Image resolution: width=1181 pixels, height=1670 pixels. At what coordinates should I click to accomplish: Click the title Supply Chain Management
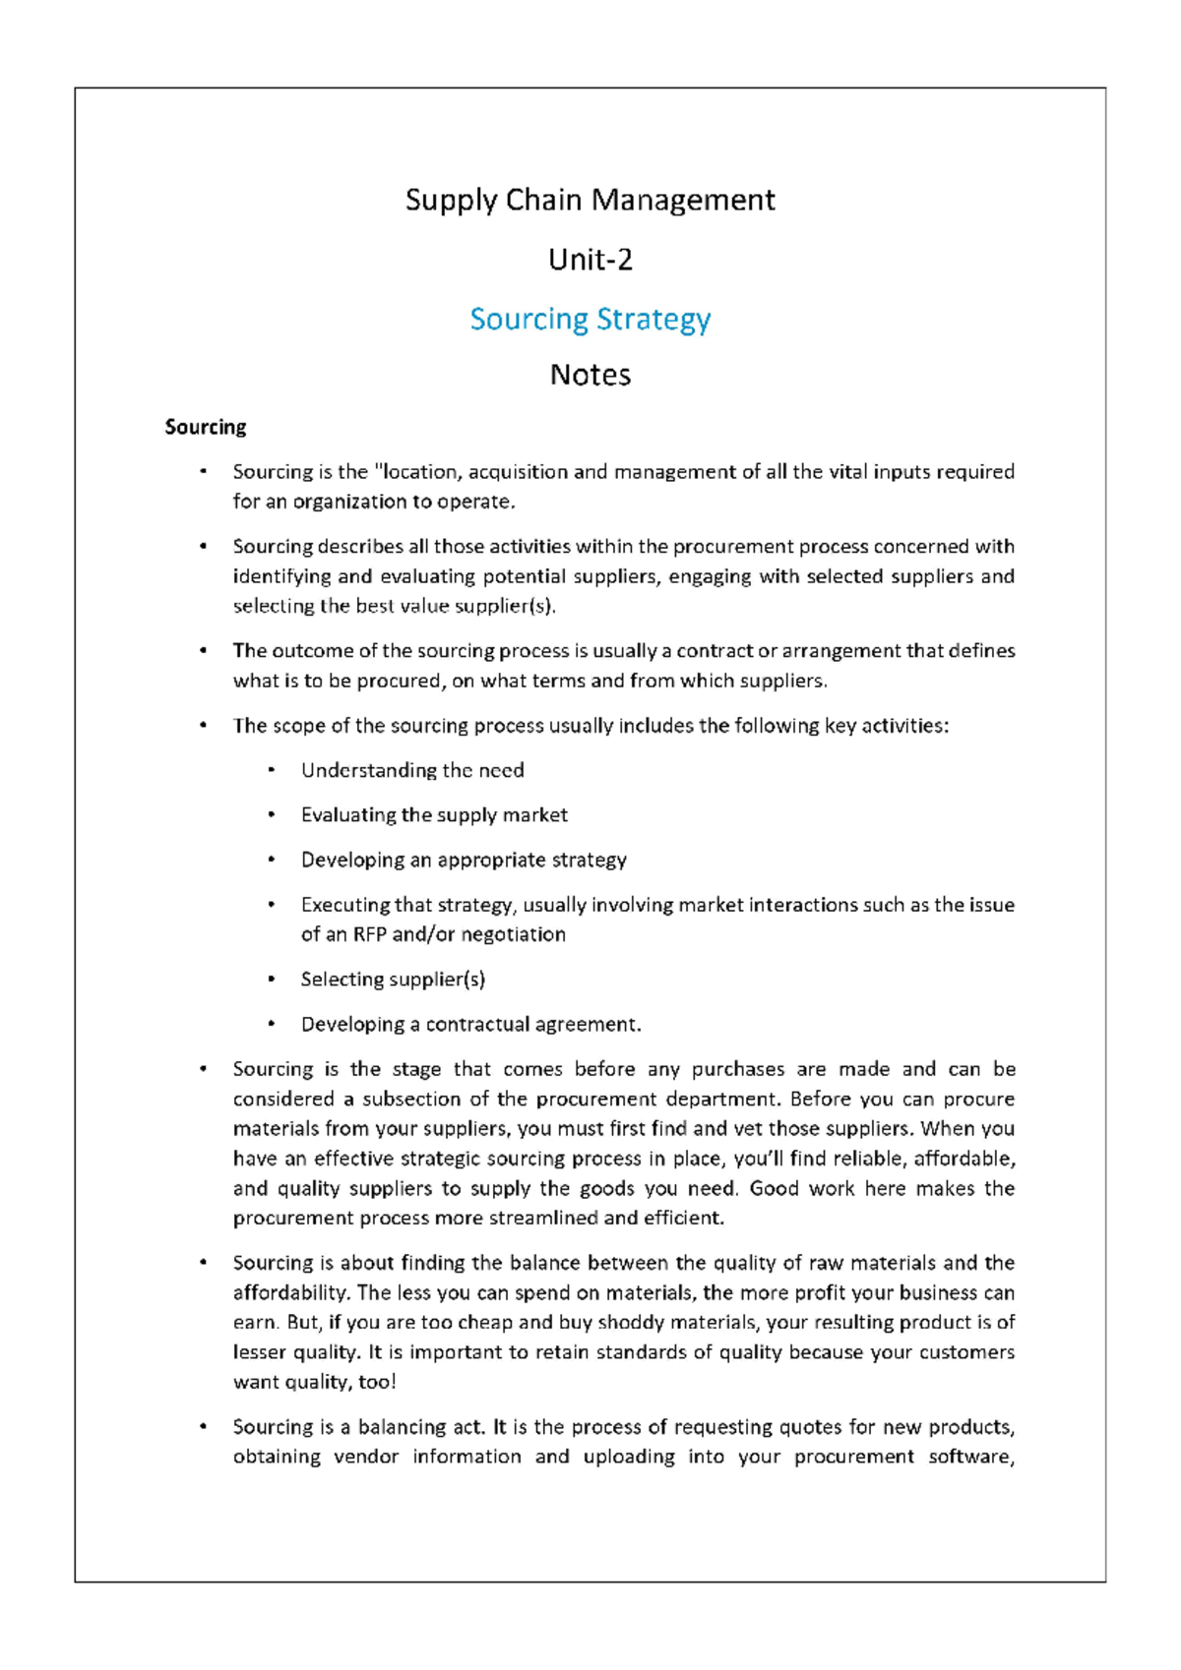(590, 200)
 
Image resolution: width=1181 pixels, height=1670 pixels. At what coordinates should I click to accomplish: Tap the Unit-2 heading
(590, 260)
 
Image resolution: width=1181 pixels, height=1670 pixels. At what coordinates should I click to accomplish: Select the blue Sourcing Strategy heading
(590, 319)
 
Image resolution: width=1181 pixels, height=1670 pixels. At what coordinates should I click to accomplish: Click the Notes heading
(590, 375)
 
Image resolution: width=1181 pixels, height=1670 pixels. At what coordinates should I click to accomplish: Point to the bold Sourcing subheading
(205, 427)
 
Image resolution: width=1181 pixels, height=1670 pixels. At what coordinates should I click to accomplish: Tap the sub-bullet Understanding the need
(411, 770)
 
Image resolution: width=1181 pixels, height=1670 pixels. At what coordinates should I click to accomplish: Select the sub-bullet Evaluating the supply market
(433, 814)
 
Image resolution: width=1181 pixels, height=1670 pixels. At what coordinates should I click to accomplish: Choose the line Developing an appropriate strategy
(463, 860)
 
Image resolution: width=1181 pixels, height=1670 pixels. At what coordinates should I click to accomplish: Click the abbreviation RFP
(370, 934)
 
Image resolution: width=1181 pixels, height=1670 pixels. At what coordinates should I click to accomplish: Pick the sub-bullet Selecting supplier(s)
(393, 979)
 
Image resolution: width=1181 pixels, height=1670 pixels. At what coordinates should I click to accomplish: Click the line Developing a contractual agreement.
(470, 1024)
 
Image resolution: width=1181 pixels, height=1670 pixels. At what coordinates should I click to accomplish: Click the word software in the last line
(970, 1457)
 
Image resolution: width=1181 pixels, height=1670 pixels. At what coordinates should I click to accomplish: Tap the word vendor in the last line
(366, 1457)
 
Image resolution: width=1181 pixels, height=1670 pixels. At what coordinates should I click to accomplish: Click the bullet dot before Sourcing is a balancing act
(204, 1426)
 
